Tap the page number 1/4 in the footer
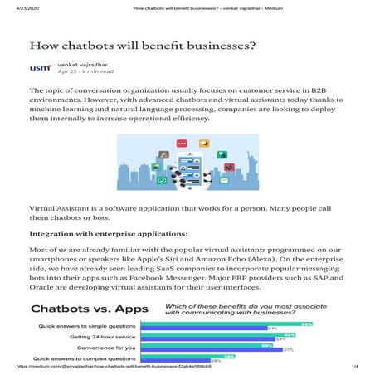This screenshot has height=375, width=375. point(354,366)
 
